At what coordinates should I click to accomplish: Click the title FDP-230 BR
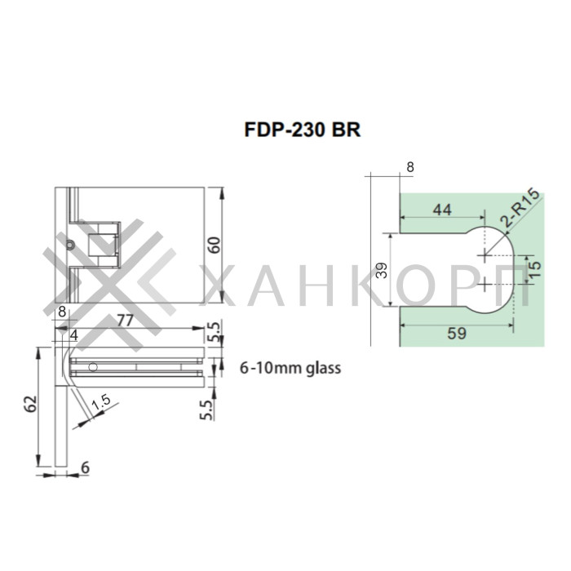point(302,131)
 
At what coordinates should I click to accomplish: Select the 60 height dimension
point(215,244)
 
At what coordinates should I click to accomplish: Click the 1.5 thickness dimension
point(102,404)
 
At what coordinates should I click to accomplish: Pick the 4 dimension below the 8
point(73,334)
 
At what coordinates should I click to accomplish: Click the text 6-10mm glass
point(290,368)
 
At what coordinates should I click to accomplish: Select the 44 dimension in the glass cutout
point(441,210)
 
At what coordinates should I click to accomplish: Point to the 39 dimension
point(382,271)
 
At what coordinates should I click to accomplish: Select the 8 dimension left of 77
point(61,312)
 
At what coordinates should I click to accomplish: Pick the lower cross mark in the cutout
point(486,284)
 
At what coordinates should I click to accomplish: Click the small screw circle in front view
point(72,245)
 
